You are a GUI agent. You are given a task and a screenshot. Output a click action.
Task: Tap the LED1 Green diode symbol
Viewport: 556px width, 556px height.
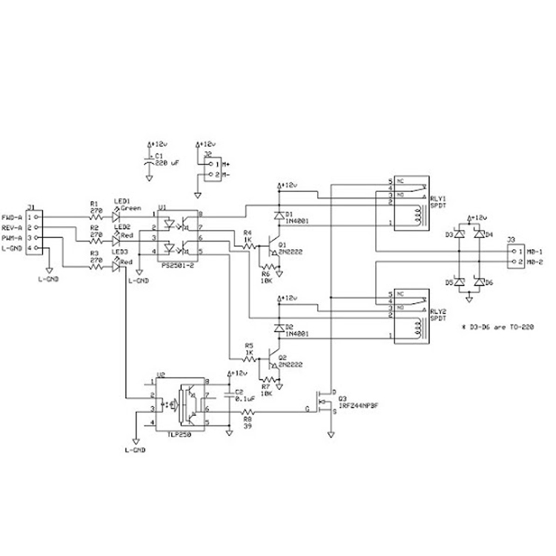point(116,217)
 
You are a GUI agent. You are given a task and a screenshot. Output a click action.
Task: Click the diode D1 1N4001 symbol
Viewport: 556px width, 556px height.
point(279,216)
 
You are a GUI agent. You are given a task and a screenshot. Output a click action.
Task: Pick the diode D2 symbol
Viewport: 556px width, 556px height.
point(279,327)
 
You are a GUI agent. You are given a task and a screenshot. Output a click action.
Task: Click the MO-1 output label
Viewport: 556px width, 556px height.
point(536,252)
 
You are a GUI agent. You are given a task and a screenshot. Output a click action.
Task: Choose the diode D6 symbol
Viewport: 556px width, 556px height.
point(480,282)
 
